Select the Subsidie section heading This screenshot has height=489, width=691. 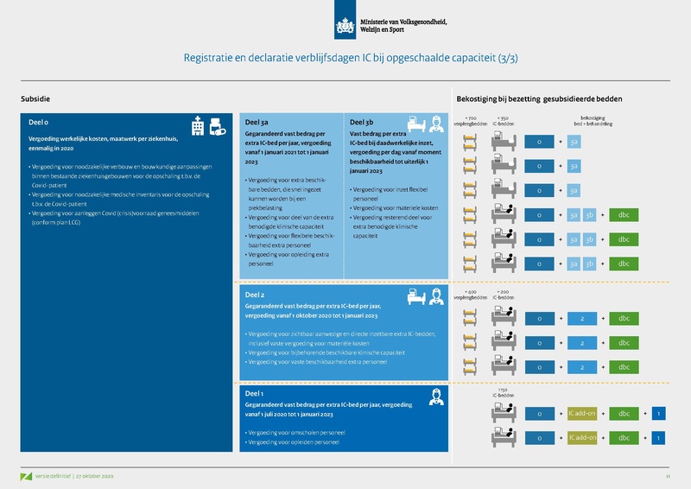35,99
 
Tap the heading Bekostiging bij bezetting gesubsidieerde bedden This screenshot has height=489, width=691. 539,99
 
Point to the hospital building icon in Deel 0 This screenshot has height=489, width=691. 200,126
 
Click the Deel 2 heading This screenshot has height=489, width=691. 257,295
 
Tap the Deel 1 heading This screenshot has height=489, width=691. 257,391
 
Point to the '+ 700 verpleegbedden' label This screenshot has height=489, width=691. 472,120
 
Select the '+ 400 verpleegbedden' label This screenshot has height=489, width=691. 472,295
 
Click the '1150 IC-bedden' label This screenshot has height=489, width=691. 503,391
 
